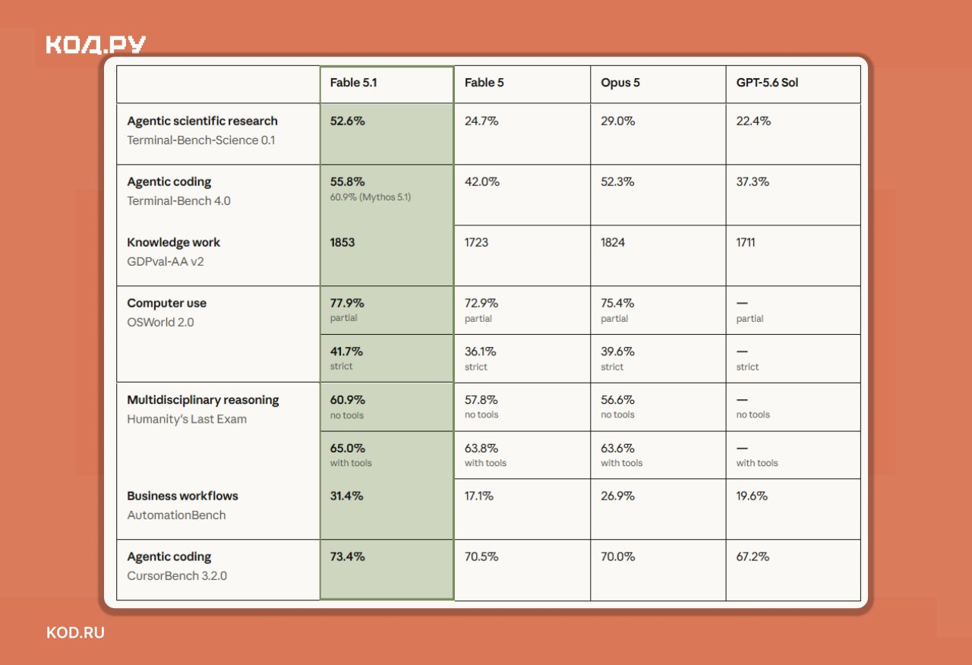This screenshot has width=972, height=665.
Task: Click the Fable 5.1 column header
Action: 353,83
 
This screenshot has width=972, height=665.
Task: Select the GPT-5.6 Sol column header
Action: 767,83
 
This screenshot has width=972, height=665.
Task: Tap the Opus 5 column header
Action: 620,83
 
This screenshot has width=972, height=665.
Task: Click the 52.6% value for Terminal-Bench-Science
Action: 347,121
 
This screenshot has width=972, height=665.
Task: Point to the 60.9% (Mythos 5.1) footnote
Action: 370,197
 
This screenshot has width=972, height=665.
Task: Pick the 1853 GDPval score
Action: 342,242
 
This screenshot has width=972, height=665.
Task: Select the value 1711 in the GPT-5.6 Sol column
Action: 745,242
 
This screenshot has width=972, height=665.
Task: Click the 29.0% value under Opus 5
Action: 617,121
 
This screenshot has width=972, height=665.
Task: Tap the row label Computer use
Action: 166,303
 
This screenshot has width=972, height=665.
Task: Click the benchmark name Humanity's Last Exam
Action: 187,419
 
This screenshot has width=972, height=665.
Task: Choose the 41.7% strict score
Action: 346,351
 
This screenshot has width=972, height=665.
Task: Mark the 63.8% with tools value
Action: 481,448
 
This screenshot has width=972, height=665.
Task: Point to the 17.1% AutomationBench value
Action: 478,496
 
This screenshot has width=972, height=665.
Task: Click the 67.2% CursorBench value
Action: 753,556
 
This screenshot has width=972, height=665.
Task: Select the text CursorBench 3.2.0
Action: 177,575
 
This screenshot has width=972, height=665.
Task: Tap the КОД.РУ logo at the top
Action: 96,45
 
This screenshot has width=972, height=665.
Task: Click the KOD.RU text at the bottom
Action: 75,633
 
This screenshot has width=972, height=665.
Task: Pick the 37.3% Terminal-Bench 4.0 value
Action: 753,181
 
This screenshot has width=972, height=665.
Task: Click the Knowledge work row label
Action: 173,242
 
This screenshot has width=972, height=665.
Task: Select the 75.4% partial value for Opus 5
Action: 617,303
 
